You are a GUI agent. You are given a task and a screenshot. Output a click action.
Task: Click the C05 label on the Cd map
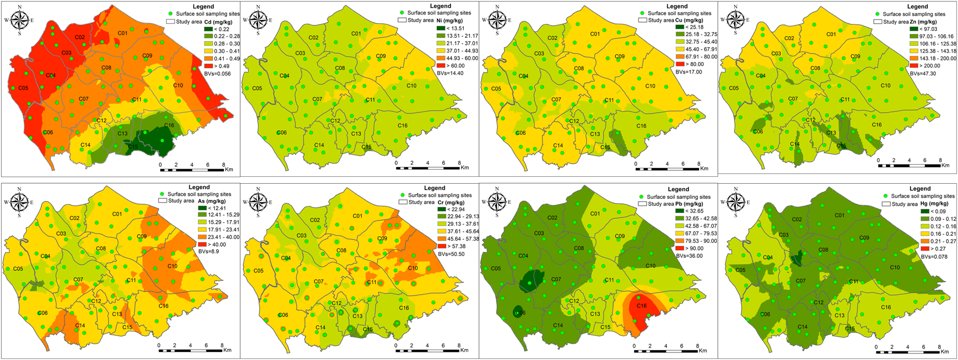23,88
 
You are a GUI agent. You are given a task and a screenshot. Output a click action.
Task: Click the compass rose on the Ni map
258,20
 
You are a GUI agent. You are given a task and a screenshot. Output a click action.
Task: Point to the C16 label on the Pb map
641,306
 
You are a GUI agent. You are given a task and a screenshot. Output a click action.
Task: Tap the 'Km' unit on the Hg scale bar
944,351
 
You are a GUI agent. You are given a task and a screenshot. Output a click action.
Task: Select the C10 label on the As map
172,266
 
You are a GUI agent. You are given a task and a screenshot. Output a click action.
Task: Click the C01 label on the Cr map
357,216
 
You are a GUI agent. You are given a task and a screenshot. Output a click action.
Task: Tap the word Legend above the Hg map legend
920,189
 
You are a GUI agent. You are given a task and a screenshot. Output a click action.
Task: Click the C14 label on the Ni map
320,145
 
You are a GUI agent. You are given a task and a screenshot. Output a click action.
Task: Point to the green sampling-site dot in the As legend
162,194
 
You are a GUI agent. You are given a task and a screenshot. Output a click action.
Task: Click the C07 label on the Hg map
801,281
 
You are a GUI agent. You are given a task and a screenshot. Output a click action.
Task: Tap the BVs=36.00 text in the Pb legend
688,256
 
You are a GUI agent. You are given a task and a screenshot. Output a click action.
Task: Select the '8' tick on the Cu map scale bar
698,163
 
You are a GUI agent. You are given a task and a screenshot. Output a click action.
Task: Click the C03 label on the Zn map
776,54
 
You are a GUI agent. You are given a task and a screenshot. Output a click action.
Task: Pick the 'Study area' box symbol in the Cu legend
643,20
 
